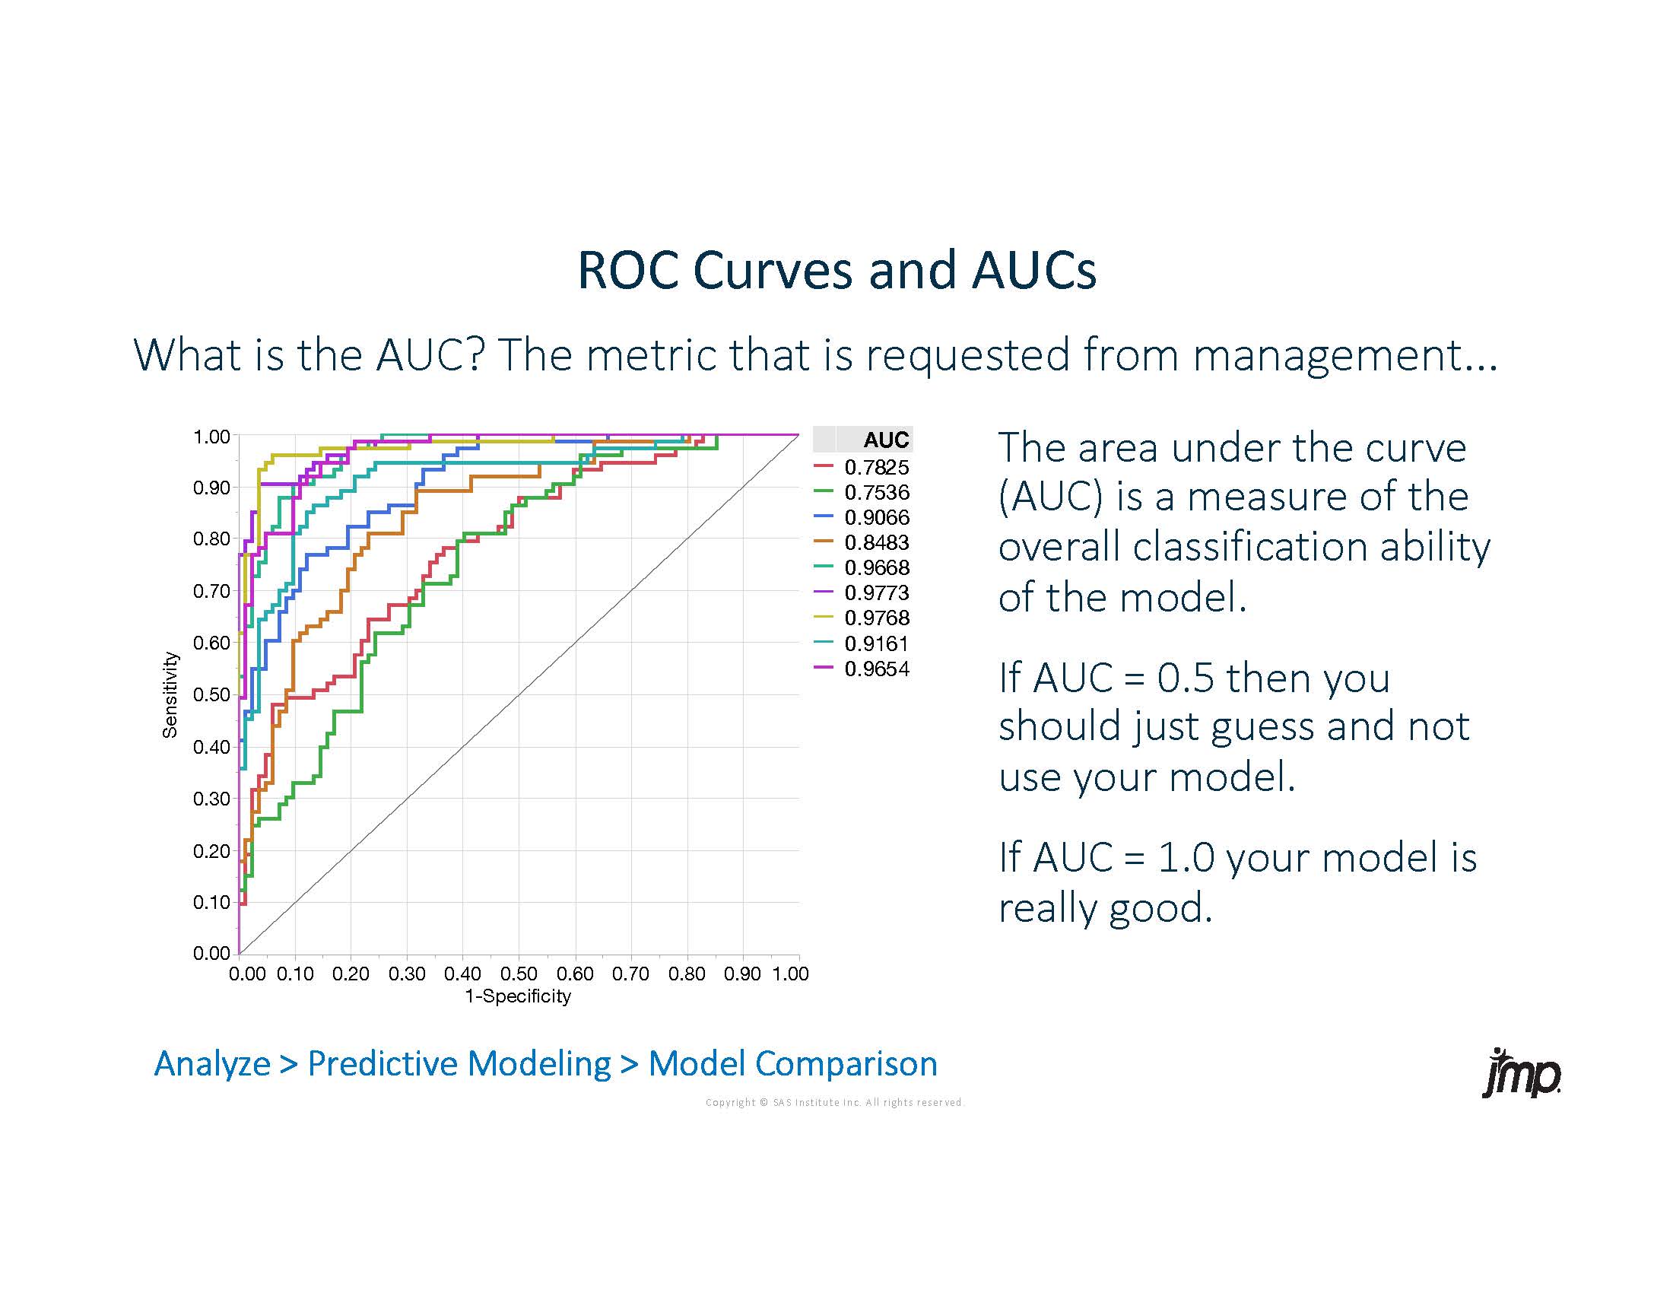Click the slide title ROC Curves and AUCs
point(836,270)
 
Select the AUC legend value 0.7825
point(876,467)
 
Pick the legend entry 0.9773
point(876,593)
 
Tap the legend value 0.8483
point(876,542)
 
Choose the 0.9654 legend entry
point(876,669)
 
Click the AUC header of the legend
point(885,440)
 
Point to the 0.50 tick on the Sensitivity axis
point(211,694)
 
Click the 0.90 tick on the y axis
point(211,488)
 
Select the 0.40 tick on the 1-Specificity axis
point(462,974)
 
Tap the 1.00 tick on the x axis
point(791,974)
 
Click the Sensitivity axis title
point(170,694)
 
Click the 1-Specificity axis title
point(518,996)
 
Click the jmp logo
point(1522,1073)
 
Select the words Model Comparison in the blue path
point(792,1063)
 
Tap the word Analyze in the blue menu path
point(212,1063)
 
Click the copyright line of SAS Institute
point(833,1102)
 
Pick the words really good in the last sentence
point(1105,908)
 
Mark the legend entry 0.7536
point(876,493)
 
